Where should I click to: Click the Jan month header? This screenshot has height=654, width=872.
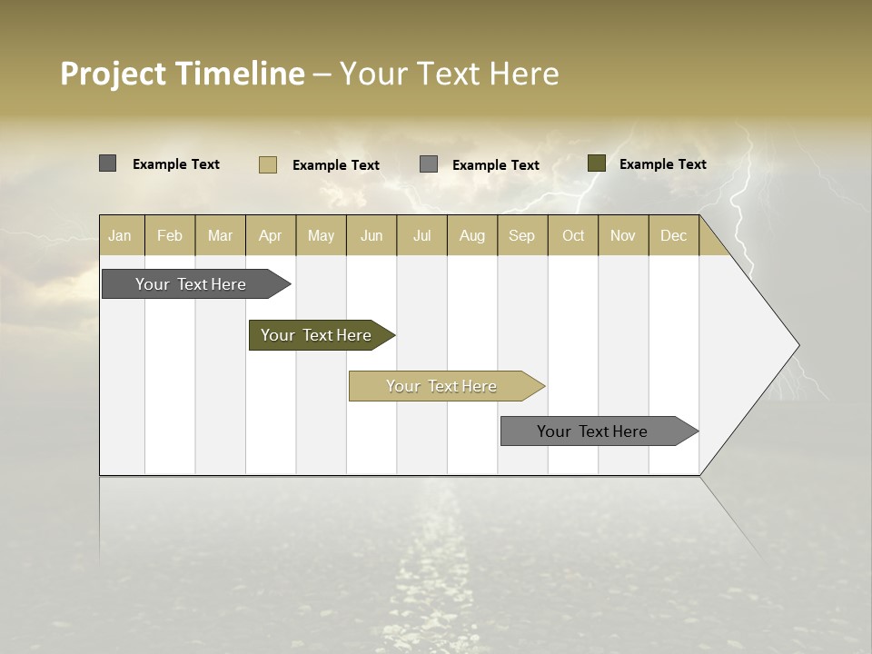(x=121, y=235)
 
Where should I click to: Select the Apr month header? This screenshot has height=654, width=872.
(x=271, y=235)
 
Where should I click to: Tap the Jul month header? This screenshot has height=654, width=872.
(x=421, y=235)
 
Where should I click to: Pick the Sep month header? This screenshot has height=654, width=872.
(x=521, y=235)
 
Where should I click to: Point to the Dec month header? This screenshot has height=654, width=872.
(x=673, y=235)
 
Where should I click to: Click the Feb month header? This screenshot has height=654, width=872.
(x=170, y=235)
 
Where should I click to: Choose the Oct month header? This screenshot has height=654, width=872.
(x=573, y=235)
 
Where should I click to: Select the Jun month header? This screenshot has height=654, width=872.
(x=372, y=235)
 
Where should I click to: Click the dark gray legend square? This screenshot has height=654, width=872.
(x=108, y=163)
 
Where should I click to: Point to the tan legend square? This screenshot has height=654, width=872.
(x=268, y=164)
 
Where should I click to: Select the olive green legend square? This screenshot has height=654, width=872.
(x=597, y=163)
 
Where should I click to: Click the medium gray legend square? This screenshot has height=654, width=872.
(x=429, y=163)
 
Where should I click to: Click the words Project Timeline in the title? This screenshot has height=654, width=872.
(x=183, y=74)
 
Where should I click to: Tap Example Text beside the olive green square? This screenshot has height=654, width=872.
(x=662, y=164)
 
